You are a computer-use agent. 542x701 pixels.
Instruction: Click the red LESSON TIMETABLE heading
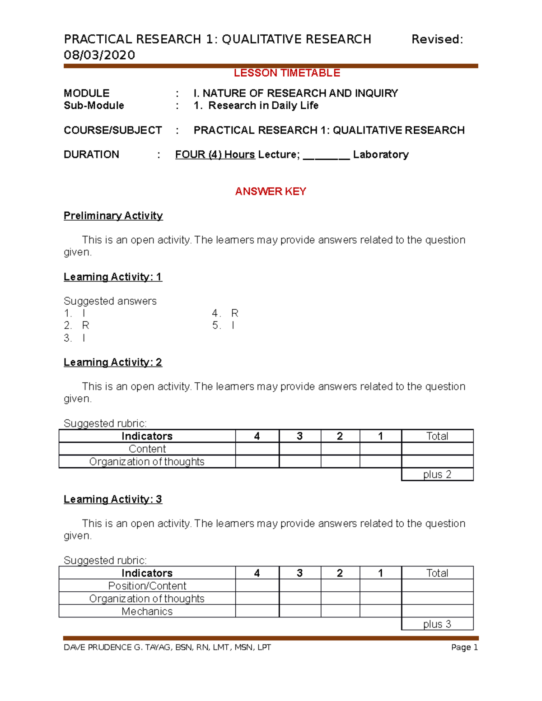point(286,73)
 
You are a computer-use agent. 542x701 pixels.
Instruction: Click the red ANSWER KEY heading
point(271,191)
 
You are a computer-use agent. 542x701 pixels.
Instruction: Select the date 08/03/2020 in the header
point(99,55)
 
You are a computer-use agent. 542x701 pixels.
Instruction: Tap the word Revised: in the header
point(437,40)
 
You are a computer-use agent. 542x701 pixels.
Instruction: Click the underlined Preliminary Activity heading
point(113,216)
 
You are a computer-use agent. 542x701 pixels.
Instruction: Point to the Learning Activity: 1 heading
point(112,277)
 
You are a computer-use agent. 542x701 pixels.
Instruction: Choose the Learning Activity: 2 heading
point(112,362)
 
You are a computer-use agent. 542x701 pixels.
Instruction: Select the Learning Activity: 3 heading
point(112,499)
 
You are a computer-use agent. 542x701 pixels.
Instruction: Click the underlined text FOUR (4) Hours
point(215,154)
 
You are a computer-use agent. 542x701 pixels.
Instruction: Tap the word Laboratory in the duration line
point(381,154)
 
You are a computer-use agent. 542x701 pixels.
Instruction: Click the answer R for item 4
point(234,313)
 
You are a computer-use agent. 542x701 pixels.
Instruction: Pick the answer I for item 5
point(233,325)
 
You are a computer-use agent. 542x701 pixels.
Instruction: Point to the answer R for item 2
point(85,325)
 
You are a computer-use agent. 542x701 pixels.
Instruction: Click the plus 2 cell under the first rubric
point(437,474)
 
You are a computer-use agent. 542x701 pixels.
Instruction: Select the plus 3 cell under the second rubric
point(437,624)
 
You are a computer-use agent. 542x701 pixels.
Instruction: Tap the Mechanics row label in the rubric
point(147,611)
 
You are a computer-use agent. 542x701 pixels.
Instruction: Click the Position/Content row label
point(147,586)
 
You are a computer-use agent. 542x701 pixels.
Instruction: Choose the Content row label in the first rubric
point(147,449)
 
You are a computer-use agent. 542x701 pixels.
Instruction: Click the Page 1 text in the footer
point(464,647)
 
